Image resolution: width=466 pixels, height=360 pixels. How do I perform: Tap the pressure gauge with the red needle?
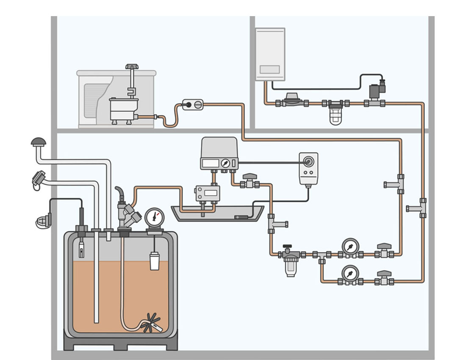tap(154, 217)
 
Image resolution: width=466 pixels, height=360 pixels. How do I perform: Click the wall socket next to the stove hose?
tap(193, 104)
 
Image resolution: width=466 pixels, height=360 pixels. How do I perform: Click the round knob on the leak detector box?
tap(308, 161)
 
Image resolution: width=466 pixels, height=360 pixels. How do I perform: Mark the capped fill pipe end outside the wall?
tap(39, 179)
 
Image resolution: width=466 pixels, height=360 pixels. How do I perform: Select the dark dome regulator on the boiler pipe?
tap(291, 98)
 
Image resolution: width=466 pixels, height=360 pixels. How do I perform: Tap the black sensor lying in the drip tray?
tap(242, 218)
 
